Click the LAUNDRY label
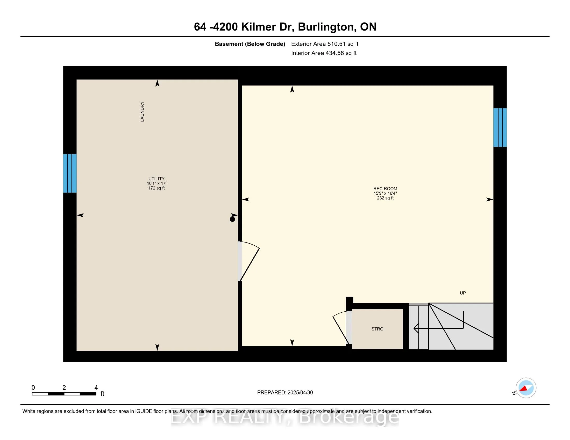pos(142,112)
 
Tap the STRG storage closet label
pos(377,329)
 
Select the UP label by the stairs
pos(462,293)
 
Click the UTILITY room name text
pos(156,179)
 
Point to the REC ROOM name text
pos(385,189)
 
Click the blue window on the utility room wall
pos(70,173)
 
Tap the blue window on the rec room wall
pos(500,127)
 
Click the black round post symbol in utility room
pos(232,219)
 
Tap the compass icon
pos(526,388)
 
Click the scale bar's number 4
pos(96,388)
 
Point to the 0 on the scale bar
pos(33,388)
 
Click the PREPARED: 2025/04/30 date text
pos(285,393)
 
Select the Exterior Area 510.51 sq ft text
pos(325,44)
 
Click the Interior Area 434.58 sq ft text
pos(324,53)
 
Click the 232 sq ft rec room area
pos(385,198)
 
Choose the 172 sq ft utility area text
pos(156,188)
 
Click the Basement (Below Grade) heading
pos(250,44)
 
